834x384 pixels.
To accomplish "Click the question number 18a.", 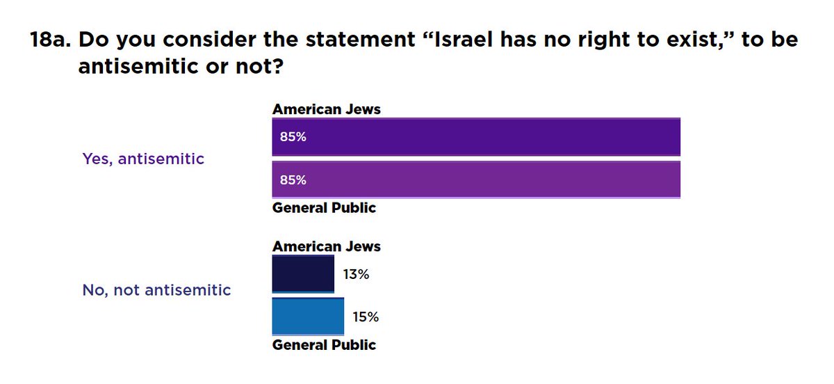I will pyautogui.click(x=49, y=40).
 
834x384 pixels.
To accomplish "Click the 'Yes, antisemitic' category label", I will pyautogui.click(x=143, y=159).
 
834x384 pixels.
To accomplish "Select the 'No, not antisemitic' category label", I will pyautogui.click(x=156, y=290).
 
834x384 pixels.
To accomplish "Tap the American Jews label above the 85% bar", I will pyautogui.click(x=327, y=109).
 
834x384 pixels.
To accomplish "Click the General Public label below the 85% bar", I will pyautogui.click(x=324, y=207).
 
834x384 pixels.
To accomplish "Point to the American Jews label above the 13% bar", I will pyautogui.click(x=327, y=246).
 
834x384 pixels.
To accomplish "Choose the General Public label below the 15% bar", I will pyautogui.click(x=324, y=344).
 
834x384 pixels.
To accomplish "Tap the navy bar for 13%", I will pyautogui.click(x=303, y=274).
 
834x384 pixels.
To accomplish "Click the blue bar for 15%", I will pyautogui.click(x=308, y=317).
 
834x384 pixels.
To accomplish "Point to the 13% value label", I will pyautogui.click(x=355, y=274).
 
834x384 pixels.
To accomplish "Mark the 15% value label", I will pyautogui.click(x=366, y=317).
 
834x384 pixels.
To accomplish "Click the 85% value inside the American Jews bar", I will pyautogui.click(x=293, y=137).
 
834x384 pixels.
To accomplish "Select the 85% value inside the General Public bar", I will pyautogui.click(x=293, y=179).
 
